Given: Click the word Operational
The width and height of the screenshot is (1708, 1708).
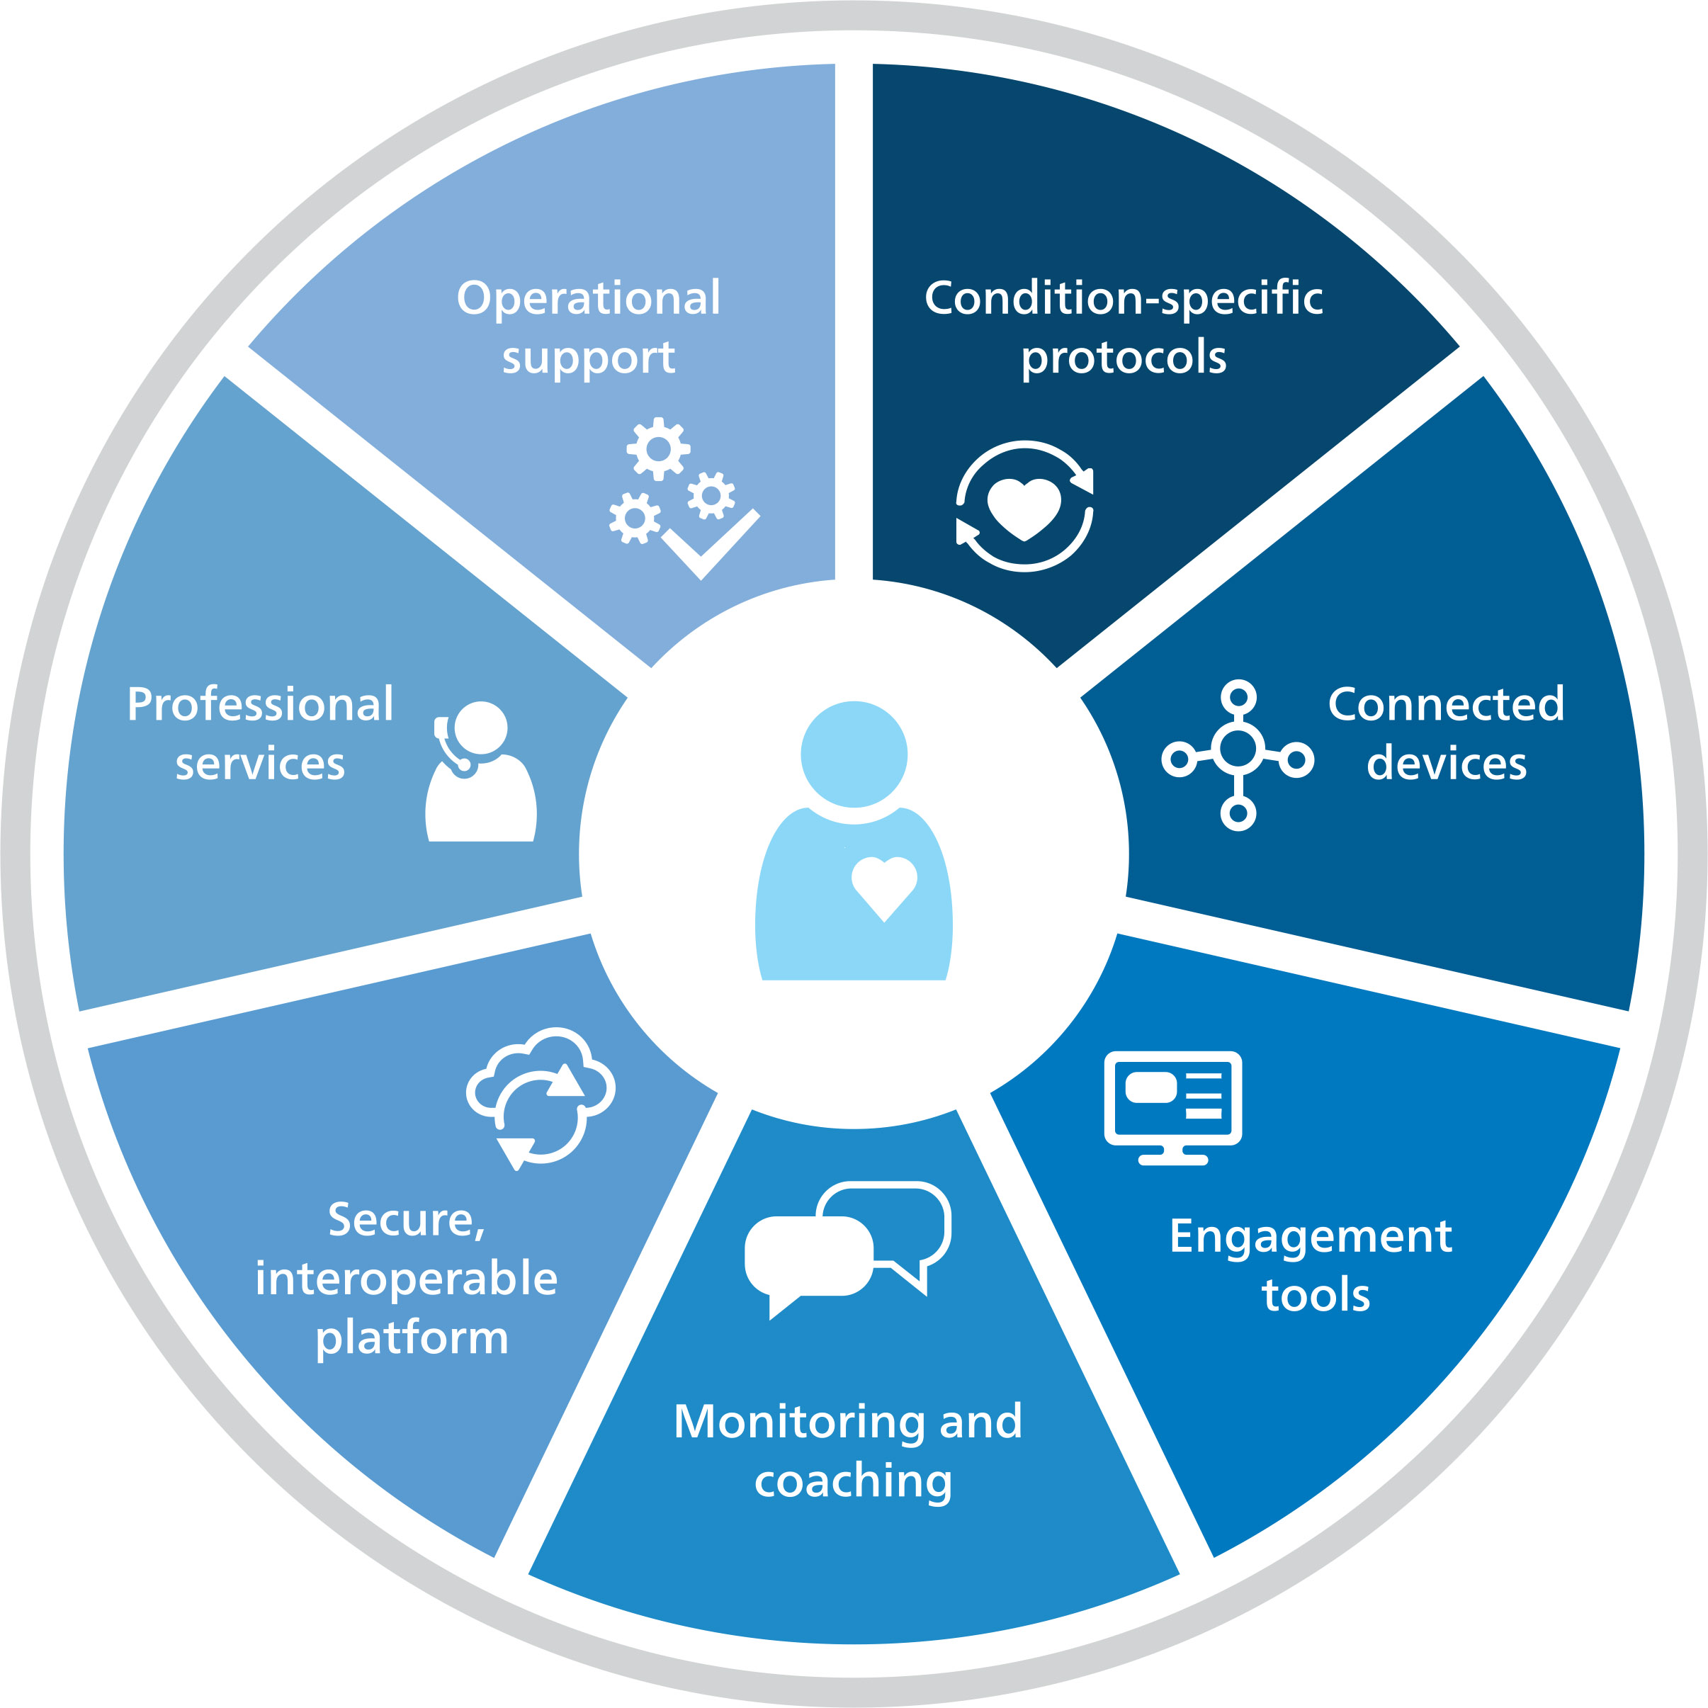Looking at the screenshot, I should point(588,298).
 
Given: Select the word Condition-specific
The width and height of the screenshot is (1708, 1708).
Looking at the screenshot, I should point(1123,298).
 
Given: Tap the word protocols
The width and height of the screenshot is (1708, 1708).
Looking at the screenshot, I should point(1123,358).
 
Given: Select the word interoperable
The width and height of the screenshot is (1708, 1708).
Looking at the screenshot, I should point(407,1279).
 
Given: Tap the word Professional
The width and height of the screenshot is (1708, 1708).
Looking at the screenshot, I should point(260,705).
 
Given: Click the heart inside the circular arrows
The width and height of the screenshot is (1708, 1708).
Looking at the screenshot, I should point(1024,507).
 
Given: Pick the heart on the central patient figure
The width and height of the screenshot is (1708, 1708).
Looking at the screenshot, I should point(883,885).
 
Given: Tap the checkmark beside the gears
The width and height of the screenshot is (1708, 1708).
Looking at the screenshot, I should point(710,543).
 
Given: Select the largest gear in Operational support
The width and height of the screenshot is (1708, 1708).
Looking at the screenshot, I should point(659,448).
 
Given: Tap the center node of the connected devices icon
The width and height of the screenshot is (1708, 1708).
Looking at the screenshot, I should point(1238,749).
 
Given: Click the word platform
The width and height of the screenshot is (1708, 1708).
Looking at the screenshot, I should point(412,1337).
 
